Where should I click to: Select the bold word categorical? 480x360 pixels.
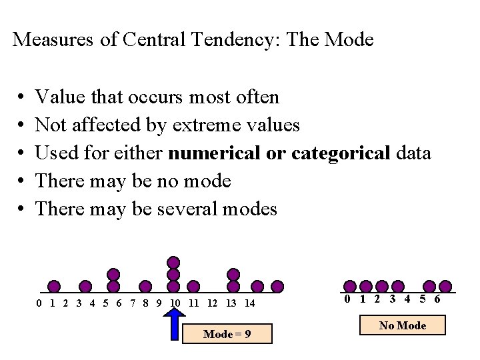(341, 153)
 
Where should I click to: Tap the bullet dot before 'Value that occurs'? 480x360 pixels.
(21, 98)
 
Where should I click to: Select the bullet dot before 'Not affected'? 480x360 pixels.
(21, 125)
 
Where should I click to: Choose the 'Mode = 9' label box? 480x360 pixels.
(227, 333)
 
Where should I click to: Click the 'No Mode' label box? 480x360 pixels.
(402, 326)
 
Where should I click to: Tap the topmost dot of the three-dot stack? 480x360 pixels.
(173, 262)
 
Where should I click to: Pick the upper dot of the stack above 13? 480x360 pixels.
(233, 274)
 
